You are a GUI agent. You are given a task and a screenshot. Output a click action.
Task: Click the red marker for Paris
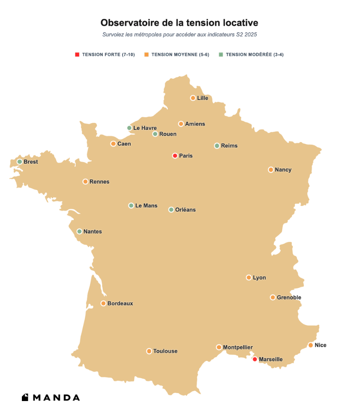click(x=175, y=156)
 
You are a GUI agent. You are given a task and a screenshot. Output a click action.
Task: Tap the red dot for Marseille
click(x=255, y=359)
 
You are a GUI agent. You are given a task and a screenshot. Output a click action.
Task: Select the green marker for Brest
click(x=20, y=162)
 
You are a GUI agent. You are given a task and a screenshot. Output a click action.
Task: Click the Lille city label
click(x=202, y=98)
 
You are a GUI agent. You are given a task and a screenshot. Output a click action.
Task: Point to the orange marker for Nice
click(x=311, y=345)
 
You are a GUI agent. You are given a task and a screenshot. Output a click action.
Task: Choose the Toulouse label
click(x=165, y=351)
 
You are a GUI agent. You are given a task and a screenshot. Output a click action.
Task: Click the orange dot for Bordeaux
click(x=104, y=303)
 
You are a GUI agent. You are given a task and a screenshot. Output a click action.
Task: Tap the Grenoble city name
click(x=289, y=297)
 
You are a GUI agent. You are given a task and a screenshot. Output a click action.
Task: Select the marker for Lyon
click(x=249, y=277)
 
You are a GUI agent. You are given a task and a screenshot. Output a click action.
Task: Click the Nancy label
click(x=283, y=169)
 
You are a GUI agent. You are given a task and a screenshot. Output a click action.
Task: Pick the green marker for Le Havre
click(x=129, y=128)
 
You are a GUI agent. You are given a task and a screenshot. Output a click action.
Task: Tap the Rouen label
click(x=168, y=134)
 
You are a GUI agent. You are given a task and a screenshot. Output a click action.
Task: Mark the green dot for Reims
click(x=217, y=145)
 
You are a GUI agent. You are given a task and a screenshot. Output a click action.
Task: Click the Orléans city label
click(x=185, y=210)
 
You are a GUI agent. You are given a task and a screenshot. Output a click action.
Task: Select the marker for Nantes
click(x=80, y=232)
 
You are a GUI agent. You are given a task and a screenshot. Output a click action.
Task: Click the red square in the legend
click(x=77, y=55)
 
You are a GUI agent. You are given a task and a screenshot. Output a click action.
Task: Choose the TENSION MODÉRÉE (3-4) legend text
click(x=254, y=55)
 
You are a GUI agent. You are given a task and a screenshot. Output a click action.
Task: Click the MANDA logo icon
click(x=25, y=398)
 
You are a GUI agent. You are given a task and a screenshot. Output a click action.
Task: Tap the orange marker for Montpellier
click(x=219, y=347)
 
